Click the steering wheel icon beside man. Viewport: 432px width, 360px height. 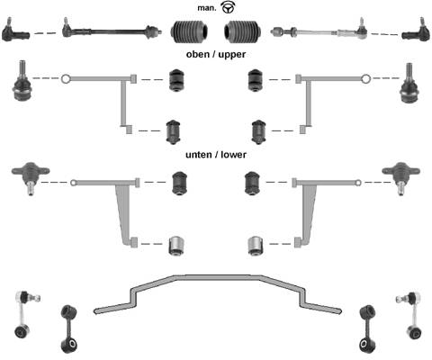coord(229,7)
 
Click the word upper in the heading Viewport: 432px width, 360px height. coord(232,54)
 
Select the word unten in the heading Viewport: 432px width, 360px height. coord(198,155)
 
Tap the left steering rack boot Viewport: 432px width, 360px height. coord(189,31)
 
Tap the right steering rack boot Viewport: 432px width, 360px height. coord(242,31)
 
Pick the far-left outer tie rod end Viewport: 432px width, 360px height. coord(15,31)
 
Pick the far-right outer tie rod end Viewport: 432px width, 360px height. coord(417,31)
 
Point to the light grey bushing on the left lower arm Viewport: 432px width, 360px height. coord(176,246)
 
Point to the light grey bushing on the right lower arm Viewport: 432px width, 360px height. coord(256,246)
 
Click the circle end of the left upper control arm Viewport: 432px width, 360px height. coord(65,79)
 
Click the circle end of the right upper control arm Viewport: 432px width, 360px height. coord(365,79)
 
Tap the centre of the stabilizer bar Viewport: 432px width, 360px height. coord(218,277)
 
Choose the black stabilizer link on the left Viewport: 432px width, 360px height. coord(69,329)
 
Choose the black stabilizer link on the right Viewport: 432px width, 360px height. coord(368,329)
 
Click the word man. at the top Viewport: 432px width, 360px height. coord(207,8)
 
